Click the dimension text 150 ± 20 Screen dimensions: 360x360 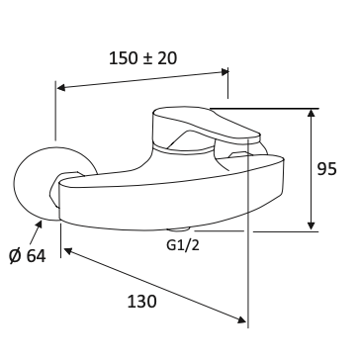(142, 58)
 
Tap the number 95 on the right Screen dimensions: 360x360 (326, 169)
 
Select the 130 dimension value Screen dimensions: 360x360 (142, 302)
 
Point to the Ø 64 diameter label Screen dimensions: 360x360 (28, 256)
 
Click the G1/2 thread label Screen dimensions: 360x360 (183, 245)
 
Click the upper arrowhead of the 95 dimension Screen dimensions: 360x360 (311, 113)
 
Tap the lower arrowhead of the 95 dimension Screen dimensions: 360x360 (311, 226)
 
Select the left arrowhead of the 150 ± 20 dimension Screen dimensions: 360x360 (61, 87)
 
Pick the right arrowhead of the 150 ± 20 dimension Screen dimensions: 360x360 (225, 71)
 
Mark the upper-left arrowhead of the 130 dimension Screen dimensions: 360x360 (67, 251)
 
